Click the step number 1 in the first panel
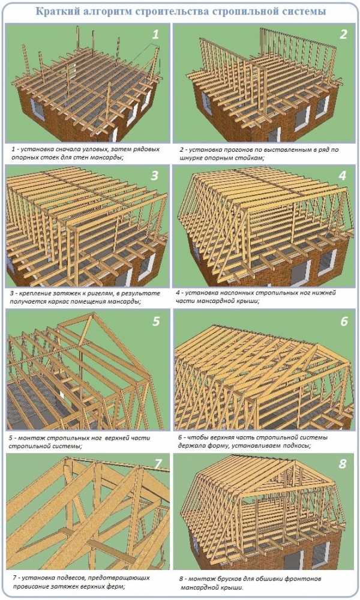[x=155, y=35]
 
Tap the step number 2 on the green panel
[x=343, y=34]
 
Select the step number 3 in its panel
[x=155, y=176]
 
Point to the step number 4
[x=343, y=176]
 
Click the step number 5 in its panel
[x=156, y=321]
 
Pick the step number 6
[x=344, y=321]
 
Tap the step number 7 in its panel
[x=158, y=464]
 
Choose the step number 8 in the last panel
[x=343, y=464]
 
